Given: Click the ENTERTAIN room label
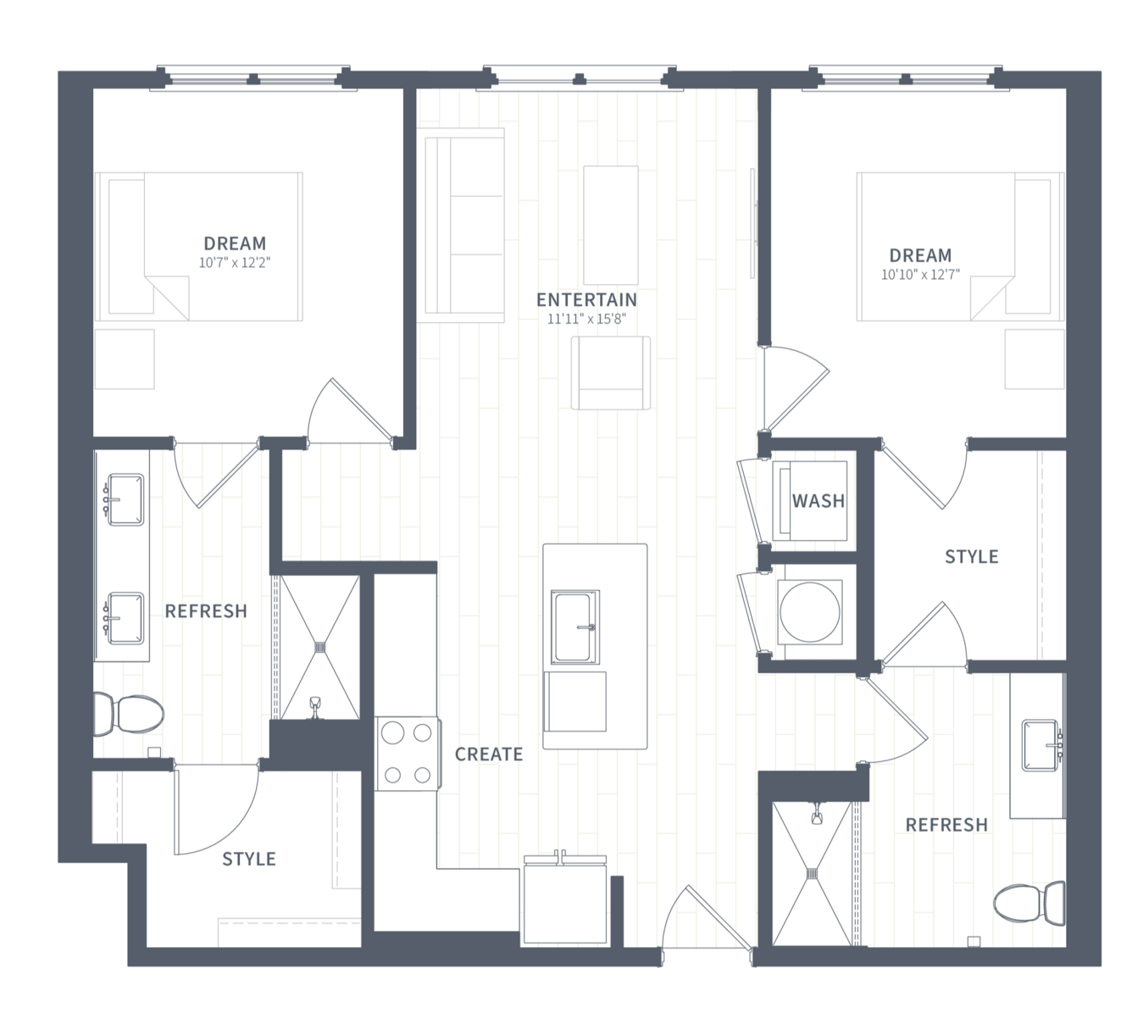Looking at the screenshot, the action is pyautogui.click(x=586, y=299).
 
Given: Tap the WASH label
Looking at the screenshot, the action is pyautogui.click(x=818, y=501).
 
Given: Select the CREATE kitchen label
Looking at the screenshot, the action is pyautogui.click(x=489, y=755).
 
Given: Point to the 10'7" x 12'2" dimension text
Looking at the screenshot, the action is pyautogui.click(x=234, y=263).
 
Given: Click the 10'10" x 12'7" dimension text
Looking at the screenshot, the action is pyautogui.click(x=920, y=275).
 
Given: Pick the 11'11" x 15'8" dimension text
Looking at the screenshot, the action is pyautogui.click(x=586, y=319).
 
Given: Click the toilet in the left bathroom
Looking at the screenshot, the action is pyautogui.click(x=128, y=715).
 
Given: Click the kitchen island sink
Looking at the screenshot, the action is pyautogui.click(x=575, y=627).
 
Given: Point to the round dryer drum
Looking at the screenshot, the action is pyautogui.click(x=809, y=612).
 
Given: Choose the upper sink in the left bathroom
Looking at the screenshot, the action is pyautogui.click(x=125, y=499).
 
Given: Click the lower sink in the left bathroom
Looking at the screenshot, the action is pyautogui.click(x=125, y=619).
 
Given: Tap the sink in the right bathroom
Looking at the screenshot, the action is pyautogui.click(x=1041, y=745).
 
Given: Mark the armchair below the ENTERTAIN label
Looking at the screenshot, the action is pyautogui.click(x=611, y=373).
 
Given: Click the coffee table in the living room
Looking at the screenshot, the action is pyautogui.click(x=611, y=225).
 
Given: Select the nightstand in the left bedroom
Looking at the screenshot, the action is pyautogui.click(x=125, y=359).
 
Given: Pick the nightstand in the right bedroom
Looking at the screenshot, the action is pyautogui.click(x=1035, y=359).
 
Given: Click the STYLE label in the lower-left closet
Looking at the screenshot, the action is pyautogui.click(x=249, y=859).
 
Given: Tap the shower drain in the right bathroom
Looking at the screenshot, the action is pyautogui.click(x=813, y=872).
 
